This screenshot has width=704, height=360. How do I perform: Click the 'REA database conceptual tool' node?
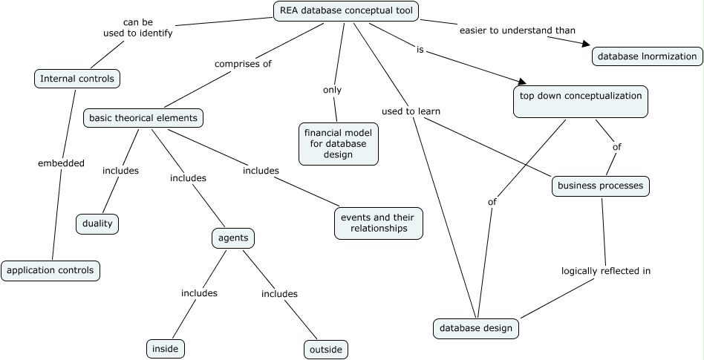click(x=346, y=11)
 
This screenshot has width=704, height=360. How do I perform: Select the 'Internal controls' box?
click(x=77, y=78)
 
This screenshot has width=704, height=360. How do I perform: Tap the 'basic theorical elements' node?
click(x=143, y=117)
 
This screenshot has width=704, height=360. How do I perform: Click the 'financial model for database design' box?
click(x=338, y=144)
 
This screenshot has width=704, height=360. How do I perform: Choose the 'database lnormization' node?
click(x=647, y=56)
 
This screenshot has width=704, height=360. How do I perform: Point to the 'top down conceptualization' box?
click(x=581, y=102)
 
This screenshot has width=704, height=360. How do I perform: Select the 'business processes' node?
click(x=600, y=186)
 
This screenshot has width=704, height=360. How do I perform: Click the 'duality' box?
click(x=97, y=223)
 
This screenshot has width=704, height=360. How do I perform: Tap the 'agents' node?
click(x=233, y=238)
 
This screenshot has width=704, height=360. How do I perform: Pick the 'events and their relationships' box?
click(x=379, y=223)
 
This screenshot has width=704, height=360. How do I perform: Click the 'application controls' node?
click(x=50, y=270)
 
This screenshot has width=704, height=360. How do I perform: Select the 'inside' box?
click(x=165, y=348)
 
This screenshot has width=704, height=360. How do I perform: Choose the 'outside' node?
click(x=325, y=349)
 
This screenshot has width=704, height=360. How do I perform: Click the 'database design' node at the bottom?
click(x=476, y=328)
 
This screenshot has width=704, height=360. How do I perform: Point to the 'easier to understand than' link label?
click(x=517, y=30)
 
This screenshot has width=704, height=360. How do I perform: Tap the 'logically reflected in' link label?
click(x=605, y=271)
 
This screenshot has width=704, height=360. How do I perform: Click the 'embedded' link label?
click(x=61, y=163)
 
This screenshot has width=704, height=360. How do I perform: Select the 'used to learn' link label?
click(x=411, y=111)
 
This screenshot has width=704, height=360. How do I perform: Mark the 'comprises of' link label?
click(x=243, y=64)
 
